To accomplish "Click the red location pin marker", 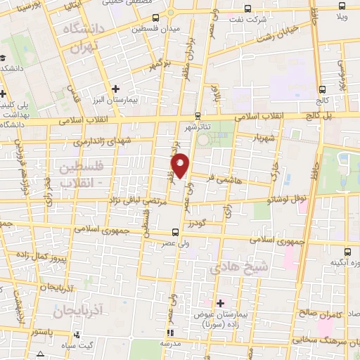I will point(181,165).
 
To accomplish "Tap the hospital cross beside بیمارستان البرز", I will point(117,89).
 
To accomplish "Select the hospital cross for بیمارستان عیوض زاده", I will point(220,303).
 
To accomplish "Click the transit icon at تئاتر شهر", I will point(198,115).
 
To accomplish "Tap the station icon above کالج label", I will point(322,89).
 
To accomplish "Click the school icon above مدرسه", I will point(169,333).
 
